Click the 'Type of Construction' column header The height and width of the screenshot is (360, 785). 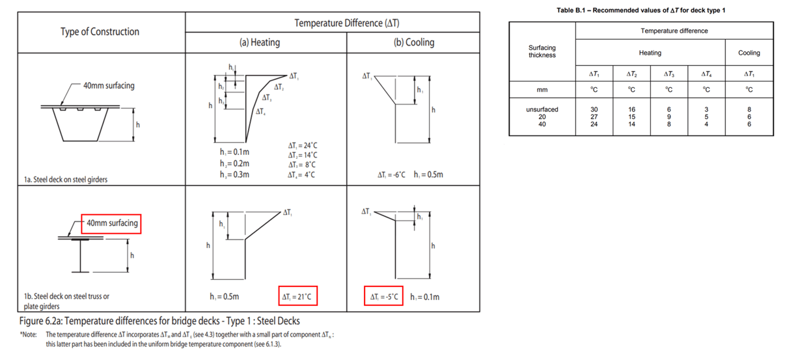click(x=100, y=32)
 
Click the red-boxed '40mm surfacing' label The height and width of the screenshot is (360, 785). click(x=111, y=223)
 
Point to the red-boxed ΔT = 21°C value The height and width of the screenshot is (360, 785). click(x=297, y=297)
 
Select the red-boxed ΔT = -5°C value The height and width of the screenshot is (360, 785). click(x=383, y=297)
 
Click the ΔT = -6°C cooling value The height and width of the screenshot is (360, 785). click(x=392, y=174)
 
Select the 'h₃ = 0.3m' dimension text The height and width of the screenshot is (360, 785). click(x=235, y=174)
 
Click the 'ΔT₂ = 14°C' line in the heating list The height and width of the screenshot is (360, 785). click(x=302, y=156)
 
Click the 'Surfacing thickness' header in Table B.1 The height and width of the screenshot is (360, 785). click(x=542, y=51)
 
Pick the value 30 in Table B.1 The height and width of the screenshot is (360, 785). click(x=594, y=109)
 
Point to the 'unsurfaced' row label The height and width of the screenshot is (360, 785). click(x=542, y=109)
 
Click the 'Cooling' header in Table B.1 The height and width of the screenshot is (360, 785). click(x=749, y=53)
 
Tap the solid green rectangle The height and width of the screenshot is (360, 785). click(x=644, y=252)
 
